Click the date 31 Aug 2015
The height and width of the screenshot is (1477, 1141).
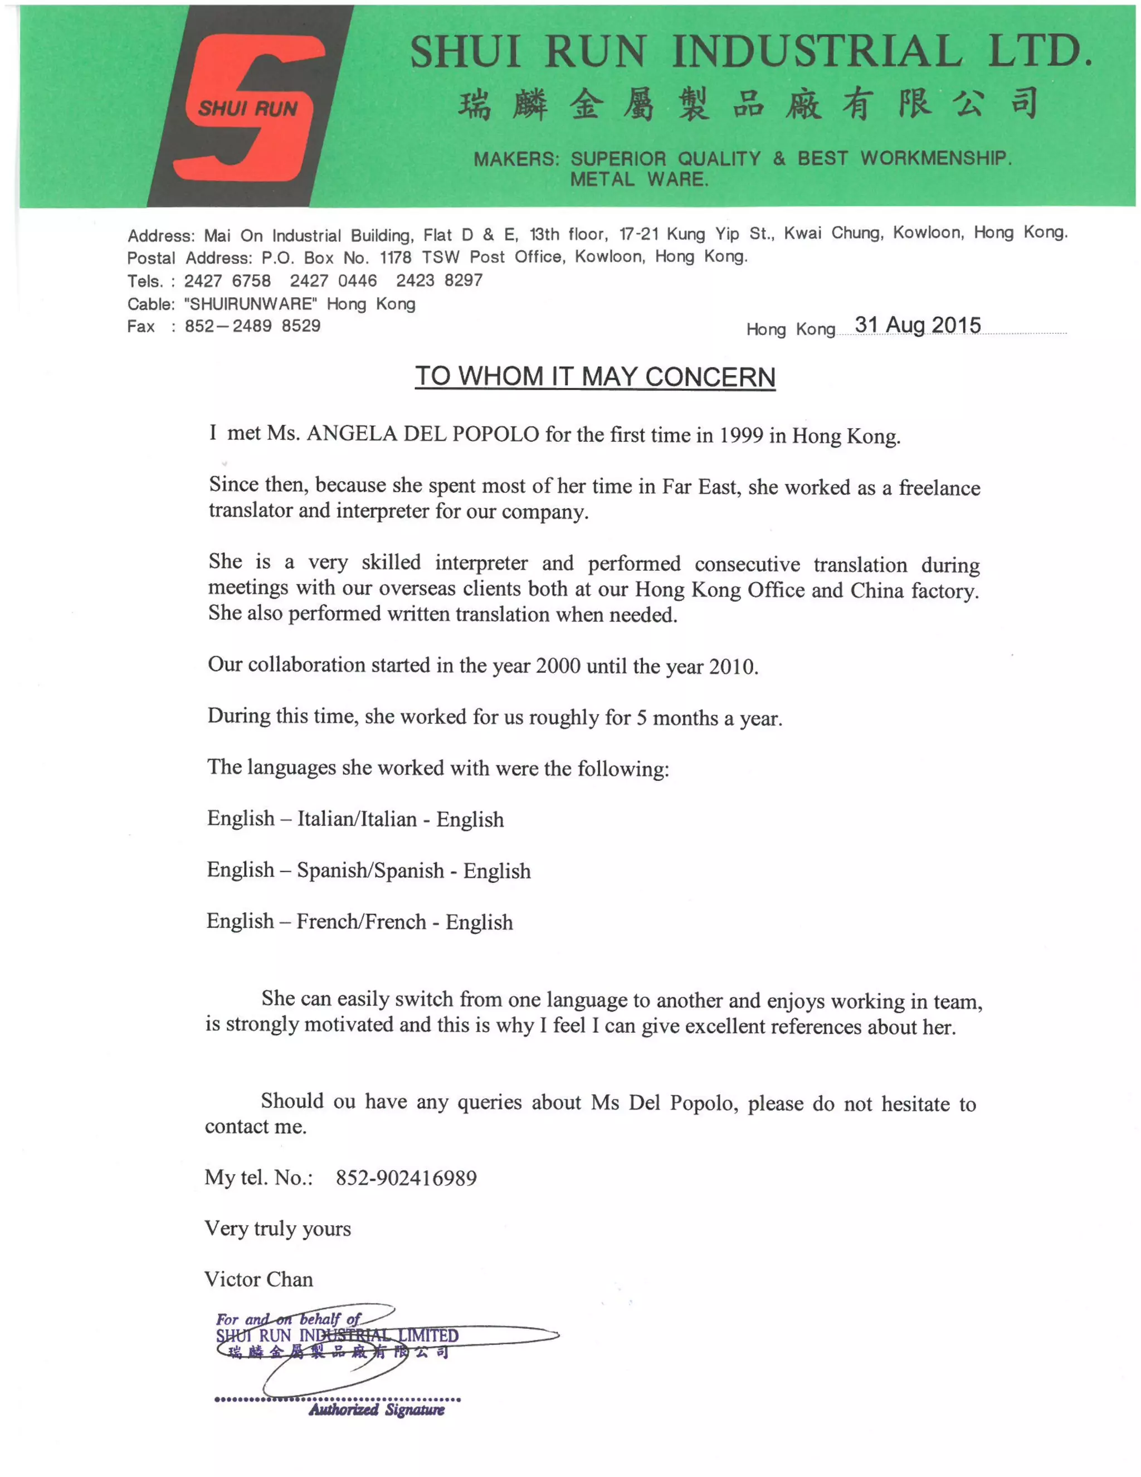pyautogui.click(x=917, y=325)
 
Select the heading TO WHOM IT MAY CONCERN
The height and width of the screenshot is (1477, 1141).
pyautogui.click(x=595, y=377)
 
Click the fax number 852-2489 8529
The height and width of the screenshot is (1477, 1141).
pyautogui.click(x=252, y=326)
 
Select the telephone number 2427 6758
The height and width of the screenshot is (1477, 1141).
pyautogui.click(x=227, y=281)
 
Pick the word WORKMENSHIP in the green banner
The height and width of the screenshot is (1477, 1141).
pyautogui.click(x=935, y=158)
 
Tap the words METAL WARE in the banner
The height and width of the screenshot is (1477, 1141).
pyautogui.click(x=639, y=180)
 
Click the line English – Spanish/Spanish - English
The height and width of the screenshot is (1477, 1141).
pyautogui.click(x=368, y=871)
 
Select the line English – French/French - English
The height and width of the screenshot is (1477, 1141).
pyautogui.click(x=359, y=922)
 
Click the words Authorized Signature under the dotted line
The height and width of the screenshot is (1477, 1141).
pyautogui.click(x=377, y=1410)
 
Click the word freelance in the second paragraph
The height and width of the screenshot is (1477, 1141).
pyautogui.click(x=939, y=488)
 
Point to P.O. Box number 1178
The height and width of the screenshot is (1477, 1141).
pyautogui.click(x=396, y=257)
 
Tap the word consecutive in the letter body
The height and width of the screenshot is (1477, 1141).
pyautogui.click(x=747, y=564)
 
